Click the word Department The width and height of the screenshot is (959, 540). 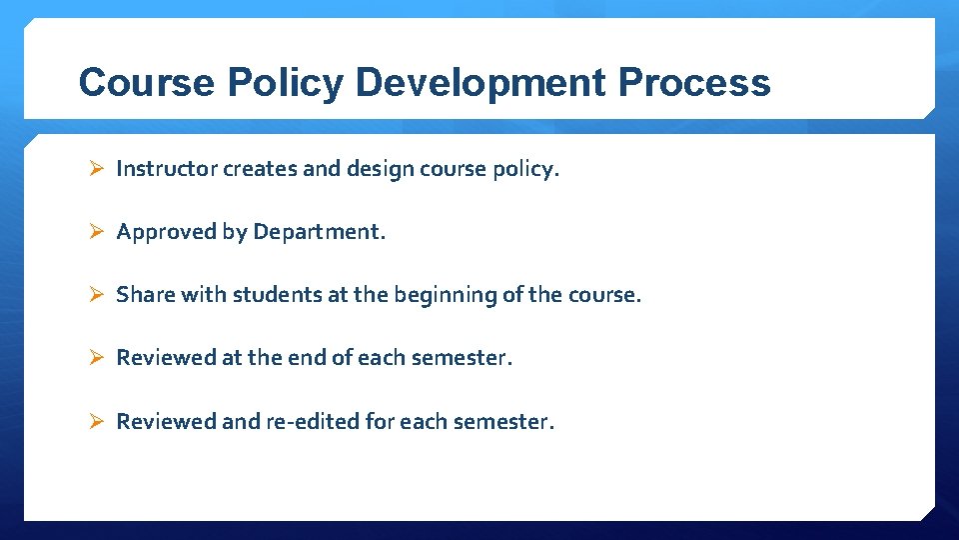tap(318, 232)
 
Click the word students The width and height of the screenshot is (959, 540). tap(272, 295)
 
